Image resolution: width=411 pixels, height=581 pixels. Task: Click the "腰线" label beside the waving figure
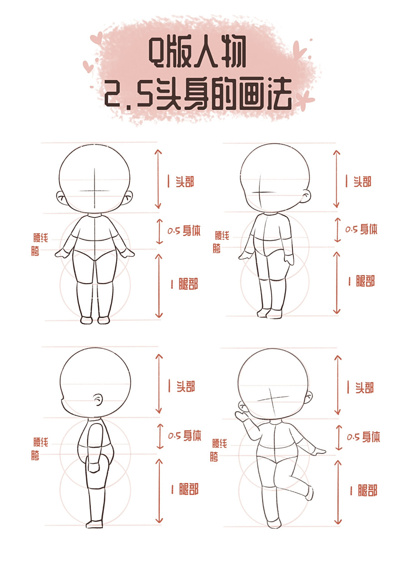tap(220, 443)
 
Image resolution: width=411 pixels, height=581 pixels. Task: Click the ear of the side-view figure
tap(97, 399)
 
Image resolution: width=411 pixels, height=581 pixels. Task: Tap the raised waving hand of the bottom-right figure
tap(241, 414)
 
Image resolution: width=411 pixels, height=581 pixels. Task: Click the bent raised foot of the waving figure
tap(310, 493)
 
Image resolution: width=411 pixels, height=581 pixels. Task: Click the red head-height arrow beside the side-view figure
tap(159, 384)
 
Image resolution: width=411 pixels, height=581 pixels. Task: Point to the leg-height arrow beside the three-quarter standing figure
tap(336, 282)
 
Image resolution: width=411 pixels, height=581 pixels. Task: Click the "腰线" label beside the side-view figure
tap(40, 442)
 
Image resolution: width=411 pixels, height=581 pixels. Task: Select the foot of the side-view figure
tap(95, 524)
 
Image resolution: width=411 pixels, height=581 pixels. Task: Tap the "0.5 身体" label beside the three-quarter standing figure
tap(361, 229)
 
